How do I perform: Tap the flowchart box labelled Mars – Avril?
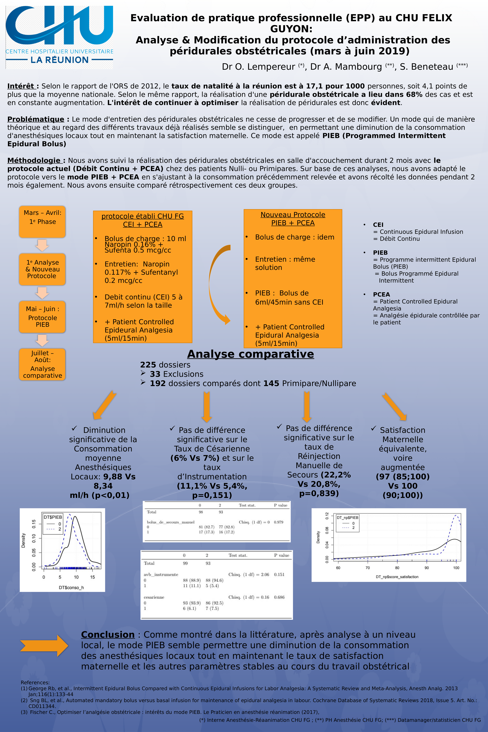point(42,222)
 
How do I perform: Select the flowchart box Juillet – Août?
point(42,364)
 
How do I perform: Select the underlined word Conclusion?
point(108,635)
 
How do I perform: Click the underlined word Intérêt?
point(21,86)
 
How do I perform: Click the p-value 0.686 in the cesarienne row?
point(279,597)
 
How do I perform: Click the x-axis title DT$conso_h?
point(71,588)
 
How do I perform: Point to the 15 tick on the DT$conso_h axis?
point(92,577)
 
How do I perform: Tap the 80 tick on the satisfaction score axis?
point(397,568)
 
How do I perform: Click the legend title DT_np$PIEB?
point(347,518)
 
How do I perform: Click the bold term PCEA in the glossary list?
point(381,294)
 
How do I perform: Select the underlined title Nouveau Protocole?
point(293,215)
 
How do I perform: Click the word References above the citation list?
point(35,683)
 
